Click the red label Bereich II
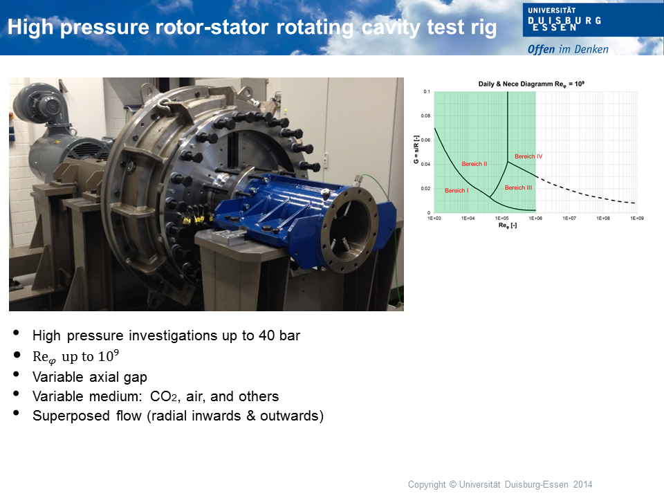pos(474,164)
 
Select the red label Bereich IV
pos(528,156)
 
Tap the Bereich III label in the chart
pos(518,187)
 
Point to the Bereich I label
pos(456,191)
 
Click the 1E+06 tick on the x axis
pos(535,218)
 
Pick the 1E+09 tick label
pos(637,218)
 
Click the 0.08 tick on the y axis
pos(425,116)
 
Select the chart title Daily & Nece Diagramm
pos(516,84)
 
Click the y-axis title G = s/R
pos(416,149)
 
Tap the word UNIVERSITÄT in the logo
pos(552,10)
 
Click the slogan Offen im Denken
pos(568,49)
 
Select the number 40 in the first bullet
pos(267,335)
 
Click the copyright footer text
pos(500,484)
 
